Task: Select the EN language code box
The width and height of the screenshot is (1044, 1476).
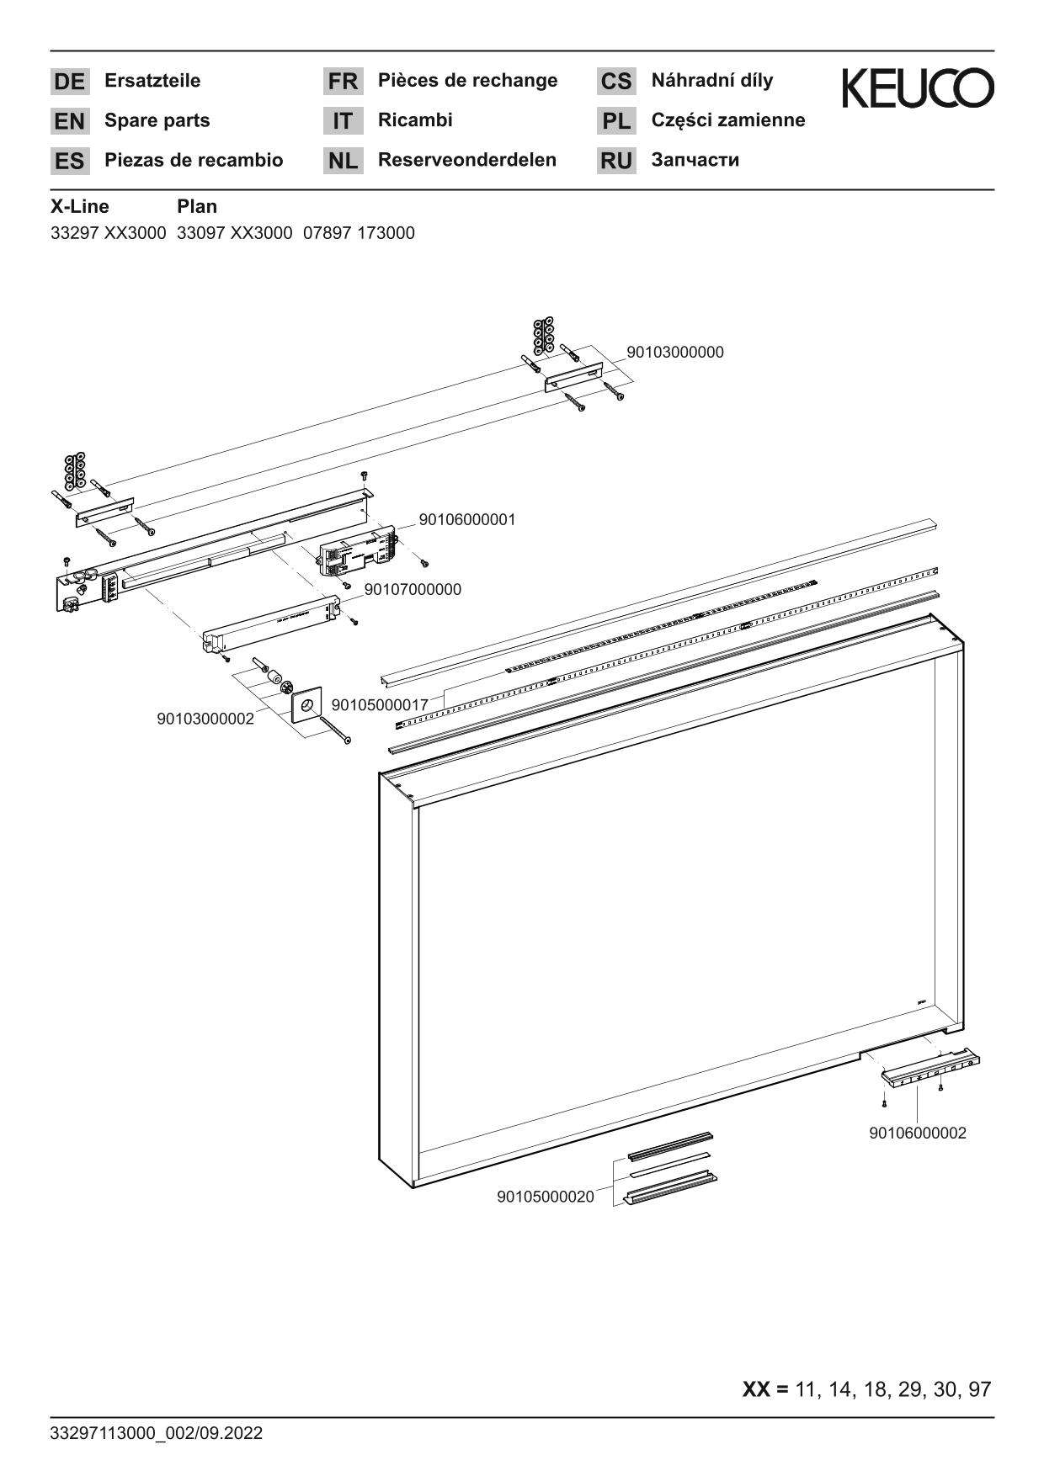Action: [x=69, y=121]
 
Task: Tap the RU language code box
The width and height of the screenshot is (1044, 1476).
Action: [x=616, y=161]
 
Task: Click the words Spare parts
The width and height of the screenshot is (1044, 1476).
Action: [x=157, y=120]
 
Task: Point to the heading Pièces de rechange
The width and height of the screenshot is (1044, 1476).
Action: [x=467, y=81]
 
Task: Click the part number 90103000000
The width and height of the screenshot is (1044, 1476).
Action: [x=675, y=353]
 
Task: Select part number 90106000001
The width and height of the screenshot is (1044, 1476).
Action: [x=467, y=520]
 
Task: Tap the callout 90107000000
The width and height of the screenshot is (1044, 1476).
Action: [x=413, y=590]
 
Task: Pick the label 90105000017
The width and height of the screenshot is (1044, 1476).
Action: [x=381, y=704]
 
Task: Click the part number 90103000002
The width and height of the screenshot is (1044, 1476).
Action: [x=205, y=719]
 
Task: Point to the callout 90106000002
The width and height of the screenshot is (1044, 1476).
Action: [x=918, y=1134]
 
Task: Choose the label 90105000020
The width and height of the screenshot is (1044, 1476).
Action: [x=546, y=1197]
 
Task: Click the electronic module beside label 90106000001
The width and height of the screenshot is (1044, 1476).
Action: [x=357, y=552]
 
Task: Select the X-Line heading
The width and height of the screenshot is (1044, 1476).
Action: [x=80, y=207]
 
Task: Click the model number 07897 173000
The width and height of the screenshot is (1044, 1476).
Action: [x=359, y=233]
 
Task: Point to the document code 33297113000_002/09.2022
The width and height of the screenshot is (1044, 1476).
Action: [x=157, y=1433]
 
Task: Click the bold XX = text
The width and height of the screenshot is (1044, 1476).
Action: [x=765, y=1389]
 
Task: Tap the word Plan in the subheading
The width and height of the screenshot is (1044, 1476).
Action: [x=197, y=207]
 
